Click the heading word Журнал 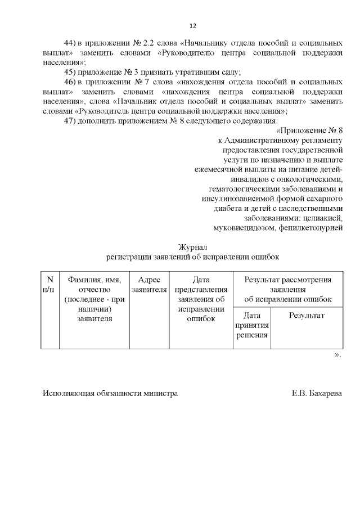coord(193,247)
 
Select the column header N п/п coord(49,285)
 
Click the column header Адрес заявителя coord(149,285)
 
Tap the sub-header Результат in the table coord(307,316)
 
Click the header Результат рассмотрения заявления coord(287,285)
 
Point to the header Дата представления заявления coord(201,289)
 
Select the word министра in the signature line coord(160,394)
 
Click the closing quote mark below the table coord(337,355)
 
